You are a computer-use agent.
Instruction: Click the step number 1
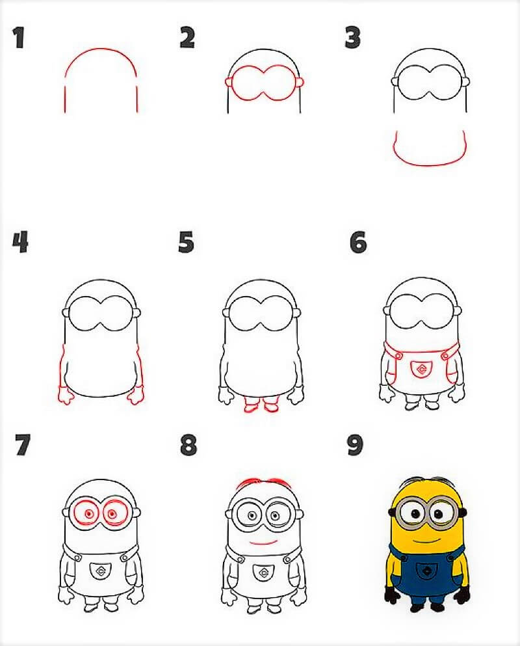coord(18,38)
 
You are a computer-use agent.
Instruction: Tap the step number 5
coord(186,243)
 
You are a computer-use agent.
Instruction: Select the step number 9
coord(355,446)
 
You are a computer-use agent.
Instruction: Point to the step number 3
coord(352,38)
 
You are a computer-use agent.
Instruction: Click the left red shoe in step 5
coord(252,406)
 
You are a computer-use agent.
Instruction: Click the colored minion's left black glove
coord(392,595)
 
